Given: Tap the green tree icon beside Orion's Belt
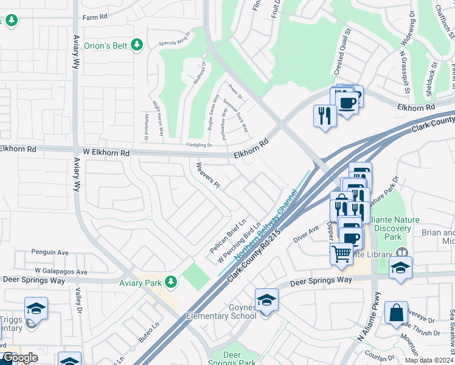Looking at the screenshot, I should [x=137, y=44].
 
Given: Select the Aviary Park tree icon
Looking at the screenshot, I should [x=172, y=281].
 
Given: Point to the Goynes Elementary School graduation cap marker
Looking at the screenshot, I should [x=266, y=300].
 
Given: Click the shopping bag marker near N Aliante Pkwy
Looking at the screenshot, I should [x=396, y=313].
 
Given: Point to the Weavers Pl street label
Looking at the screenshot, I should [x=207, y=175].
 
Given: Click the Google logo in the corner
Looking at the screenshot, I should [x=20, y=358].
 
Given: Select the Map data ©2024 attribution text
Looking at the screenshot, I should [x=427, y=360].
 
